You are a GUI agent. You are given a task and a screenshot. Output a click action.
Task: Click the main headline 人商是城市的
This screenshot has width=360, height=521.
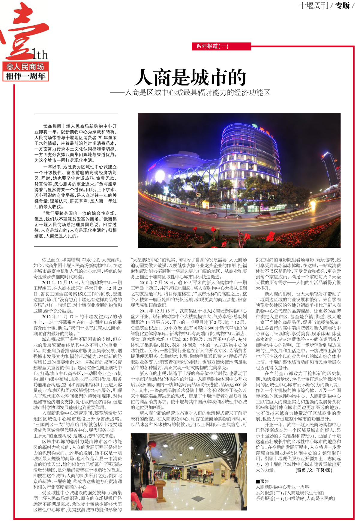[x=190, y=77]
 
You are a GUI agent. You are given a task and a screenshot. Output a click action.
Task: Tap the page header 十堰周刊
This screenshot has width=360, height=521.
[x=313, y=5]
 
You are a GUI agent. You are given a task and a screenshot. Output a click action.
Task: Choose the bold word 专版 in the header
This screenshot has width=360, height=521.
[x=343, y=5]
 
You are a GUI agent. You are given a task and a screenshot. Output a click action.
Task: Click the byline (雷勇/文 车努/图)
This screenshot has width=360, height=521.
[x=314, y=470]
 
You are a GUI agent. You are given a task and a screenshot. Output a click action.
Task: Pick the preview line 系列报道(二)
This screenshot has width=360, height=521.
[x=290, y=493]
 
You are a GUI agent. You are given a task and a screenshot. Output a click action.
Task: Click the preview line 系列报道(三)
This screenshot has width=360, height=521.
[x=295, y=499]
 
